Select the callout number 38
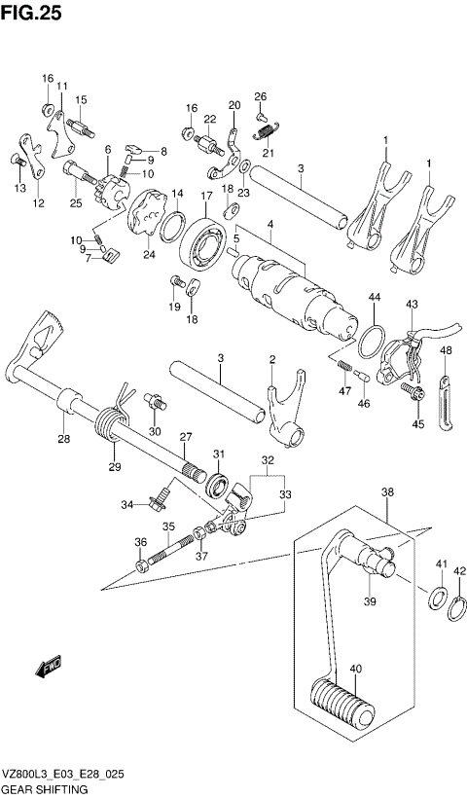pos(387,493)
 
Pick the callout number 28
pos(63,439)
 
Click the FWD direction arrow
pos(46,667)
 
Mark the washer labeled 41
pos(438,597)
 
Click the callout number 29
pos(113,467)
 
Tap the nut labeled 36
pos(141,562)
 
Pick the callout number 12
pos(38,203)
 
